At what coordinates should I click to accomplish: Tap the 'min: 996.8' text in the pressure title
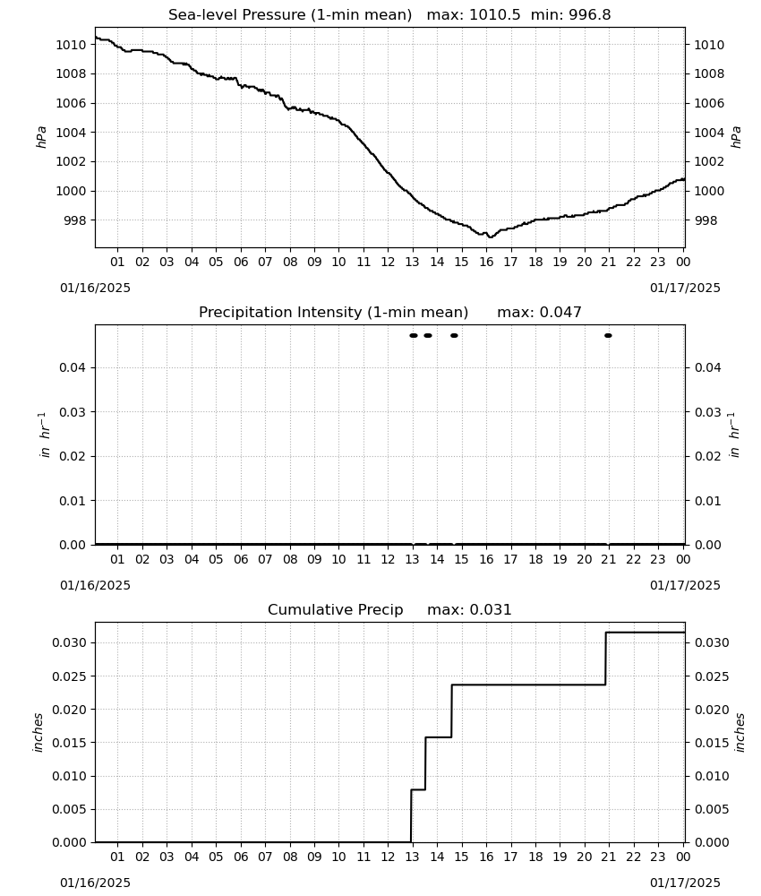click(x=571, y=15)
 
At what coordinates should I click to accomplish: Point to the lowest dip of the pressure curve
click(x=491, y=237)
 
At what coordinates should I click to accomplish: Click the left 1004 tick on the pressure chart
click(x=70, y=133)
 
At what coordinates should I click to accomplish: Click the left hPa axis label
click(x=42, y=137)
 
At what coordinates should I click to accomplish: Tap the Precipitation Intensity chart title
click(x=333, y=313)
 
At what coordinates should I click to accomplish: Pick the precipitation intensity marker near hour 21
click(x=608, y=335)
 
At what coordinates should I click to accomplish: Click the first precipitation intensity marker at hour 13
click(x=414, y=335)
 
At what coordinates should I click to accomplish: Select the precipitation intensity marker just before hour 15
click(x=454, y=335)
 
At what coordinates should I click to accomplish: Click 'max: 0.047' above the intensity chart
click(x=540, y=313)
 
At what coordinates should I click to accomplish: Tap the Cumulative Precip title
click(x=335, y=609)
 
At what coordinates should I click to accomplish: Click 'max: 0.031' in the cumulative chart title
click(x=469, y=609)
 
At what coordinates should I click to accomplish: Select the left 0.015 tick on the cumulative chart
click(x=69, y=743)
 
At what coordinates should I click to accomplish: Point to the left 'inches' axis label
click(x=38, y=732)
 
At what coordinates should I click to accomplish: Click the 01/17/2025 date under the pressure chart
click(x=685, y=288)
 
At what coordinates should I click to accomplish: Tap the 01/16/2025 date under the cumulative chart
click(x=95, y=883)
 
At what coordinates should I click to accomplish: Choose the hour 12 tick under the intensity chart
click(x=388, y=559)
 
